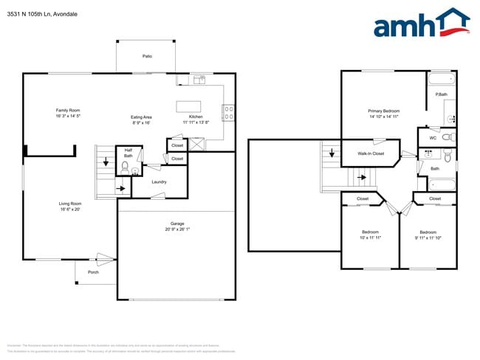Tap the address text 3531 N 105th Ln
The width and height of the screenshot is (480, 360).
click(30, 14)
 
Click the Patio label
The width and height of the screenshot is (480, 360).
click(147, 56)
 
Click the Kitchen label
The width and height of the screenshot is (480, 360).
click(196, 117)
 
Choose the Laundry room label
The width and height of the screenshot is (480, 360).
click(159, 181)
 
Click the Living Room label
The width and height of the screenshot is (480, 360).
click(70, 204)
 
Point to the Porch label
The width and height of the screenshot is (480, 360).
click(93, 272)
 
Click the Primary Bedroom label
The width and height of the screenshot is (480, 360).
click(384, 111)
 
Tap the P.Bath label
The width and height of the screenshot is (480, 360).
click(442, 94)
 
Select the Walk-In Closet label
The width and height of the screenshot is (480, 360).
click(371, 153)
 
